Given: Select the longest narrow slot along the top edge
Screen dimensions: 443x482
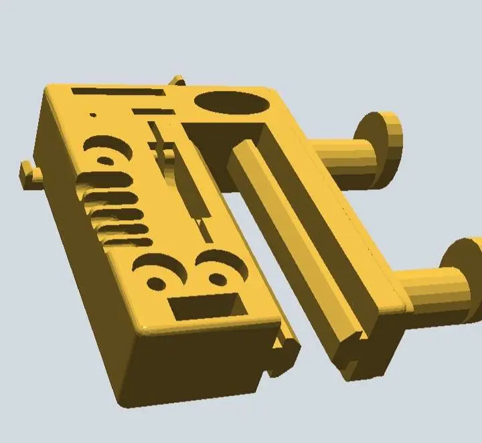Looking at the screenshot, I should (x=118, y=92).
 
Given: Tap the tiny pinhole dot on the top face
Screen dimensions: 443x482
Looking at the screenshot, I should (x=93, y=115).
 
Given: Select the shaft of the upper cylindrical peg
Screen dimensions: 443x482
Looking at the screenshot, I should (x=341, y=157).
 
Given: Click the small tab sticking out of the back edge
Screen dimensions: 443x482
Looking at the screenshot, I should (x=177, y=81).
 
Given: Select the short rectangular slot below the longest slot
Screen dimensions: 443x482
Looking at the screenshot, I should (x=152, y=112).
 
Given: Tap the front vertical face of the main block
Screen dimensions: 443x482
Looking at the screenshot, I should (x=194, y=365).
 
